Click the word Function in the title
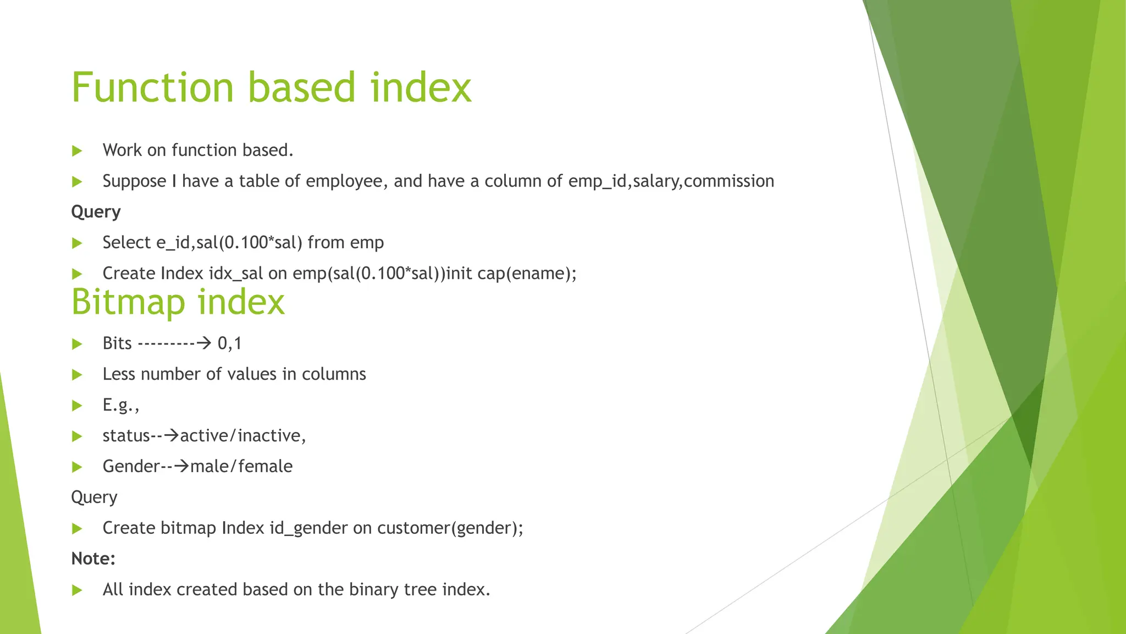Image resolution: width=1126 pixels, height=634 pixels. click(153, 88)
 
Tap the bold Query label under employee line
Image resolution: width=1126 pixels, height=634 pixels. click(96, 212)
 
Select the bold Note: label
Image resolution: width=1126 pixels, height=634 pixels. click(93, 559)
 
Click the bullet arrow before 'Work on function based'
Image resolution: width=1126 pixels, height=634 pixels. click(77, 151)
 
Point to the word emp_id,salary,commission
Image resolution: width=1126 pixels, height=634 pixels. click(671, 181)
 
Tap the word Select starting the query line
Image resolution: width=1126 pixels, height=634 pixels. click(126, 243)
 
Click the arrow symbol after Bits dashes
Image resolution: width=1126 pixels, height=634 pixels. click(204, 343)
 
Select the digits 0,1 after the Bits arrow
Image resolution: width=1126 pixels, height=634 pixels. click(230, 343)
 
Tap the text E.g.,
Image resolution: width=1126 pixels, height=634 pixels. click(121, 406)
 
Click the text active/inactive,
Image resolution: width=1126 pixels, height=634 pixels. click(243, 436)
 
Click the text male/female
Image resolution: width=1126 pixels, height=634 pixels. click(241, 467)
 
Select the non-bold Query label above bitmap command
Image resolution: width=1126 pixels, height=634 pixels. click(94, 498)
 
